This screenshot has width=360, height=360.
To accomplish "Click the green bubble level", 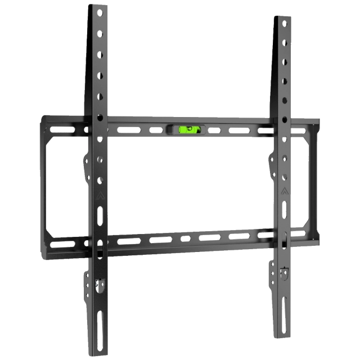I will click(188, 130).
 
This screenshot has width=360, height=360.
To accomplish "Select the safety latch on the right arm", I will click(283, 275).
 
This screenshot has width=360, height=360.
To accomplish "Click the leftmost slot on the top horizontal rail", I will click(62, 130).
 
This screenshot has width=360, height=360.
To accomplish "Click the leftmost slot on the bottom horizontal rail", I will click(62, 244).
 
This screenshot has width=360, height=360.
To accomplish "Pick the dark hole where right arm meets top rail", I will click(285, 120).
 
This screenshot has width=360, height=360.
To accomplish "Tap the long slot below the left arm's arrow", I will click(100, 215).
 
